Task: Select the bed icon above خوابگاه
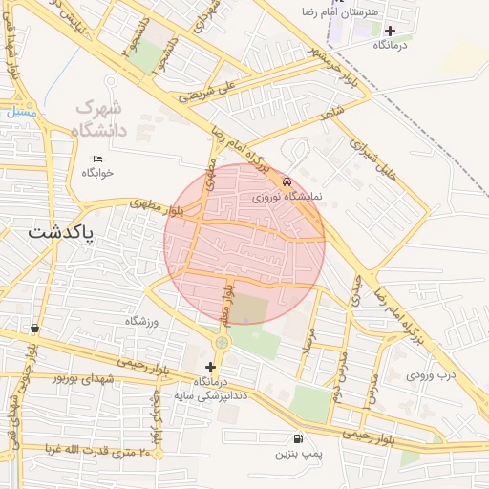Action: [x=97, y=159]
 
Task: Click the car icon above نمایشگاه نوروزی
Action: [x=287, y=181]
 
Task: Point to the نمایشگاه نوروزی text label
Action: [x=288, y=198]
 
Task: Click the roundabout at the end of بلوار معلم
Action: [x=222, y=342]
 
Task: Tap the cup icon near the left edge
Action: [x=35, y=328]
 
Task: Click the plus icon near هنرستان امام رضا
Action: [x=389, y=31]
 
